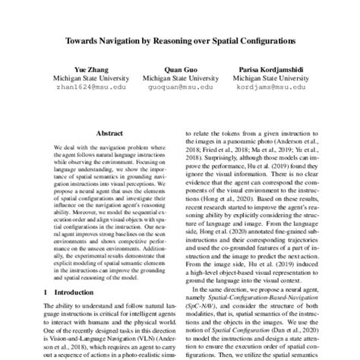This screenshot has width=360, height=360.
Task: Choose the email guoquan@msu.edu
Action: click(180, 87)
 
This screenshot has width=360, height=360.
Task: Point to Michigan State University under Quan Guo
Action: click(180, 77)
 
